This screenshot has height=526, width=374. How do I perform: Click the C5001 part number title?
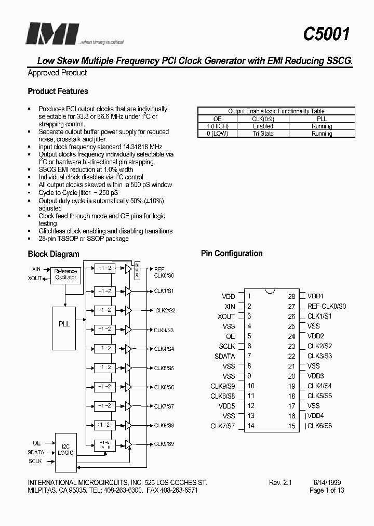click(326, 34)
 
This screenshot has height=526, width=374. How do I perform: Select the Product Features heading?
click(58, 91)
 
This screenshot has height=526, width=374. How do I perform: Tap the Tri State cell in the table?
click(263, 134)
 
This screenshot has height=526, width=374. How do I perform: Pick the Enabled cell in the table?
click(263, 126)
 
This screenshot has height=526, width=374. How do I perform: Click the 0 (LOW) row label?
click(218, 134)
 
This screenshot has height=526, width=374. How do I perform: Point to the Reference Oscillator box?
click(65, 274)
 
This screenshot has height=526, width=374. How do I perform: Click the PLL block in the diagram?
click(64, 324)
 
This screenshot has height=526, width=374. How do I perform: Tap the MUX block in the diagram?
click(137, 269)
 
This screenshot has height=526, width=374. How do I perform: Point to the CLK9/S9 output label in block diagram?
click(164, 444)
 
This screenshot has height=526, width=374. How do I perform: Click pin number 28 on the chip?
click(292, 296)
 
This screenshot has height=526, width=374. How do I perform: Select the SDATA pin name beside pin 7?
click(224, 356)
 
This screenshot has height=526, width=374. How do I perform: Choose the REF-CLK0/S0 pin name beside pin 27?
click(327, 306)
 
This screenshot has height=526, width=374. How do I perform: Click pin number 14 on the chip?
click(251, 426)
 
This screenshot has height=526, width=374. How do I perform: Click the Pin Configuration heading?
click(232, 254)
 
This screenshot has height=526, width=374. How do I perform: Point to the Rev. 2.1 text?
click(280, 482)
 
